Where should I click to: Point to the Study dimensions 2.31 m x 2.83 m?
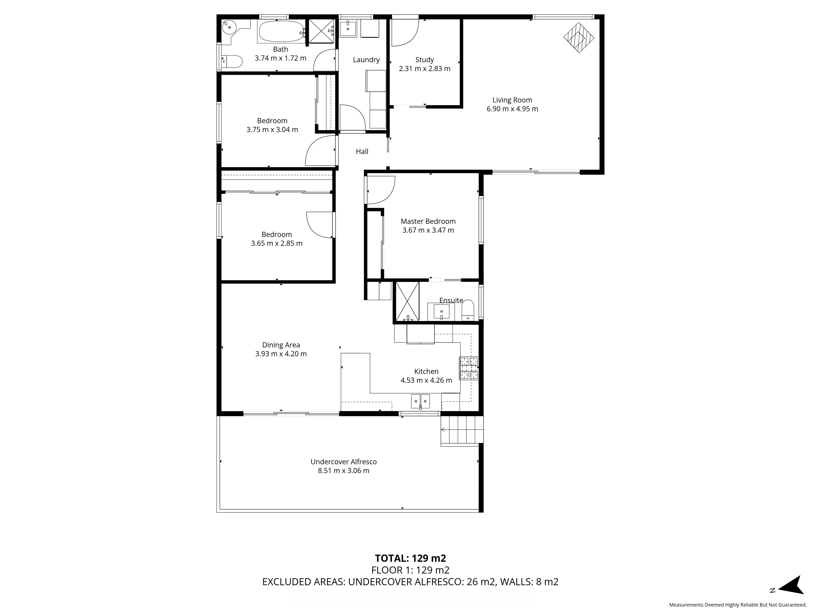tap(425, 69)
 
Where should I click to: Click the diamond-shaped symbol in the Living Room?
tap(579, 38)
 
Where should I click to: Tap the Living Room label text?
tap(512, 100)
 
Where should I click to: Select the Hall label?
tap(362, 152)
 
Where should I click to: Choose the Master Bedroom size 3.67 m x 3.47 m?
tap(428, 230)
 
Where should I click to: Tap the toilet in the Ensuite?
tap(468, 310)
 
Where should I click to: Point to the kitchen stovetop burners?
tap(469, 368)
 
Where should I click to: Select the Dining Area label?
tap(281, 345)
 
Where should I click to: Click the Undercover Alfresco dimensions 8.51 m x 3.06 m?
tap(344, 471)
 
